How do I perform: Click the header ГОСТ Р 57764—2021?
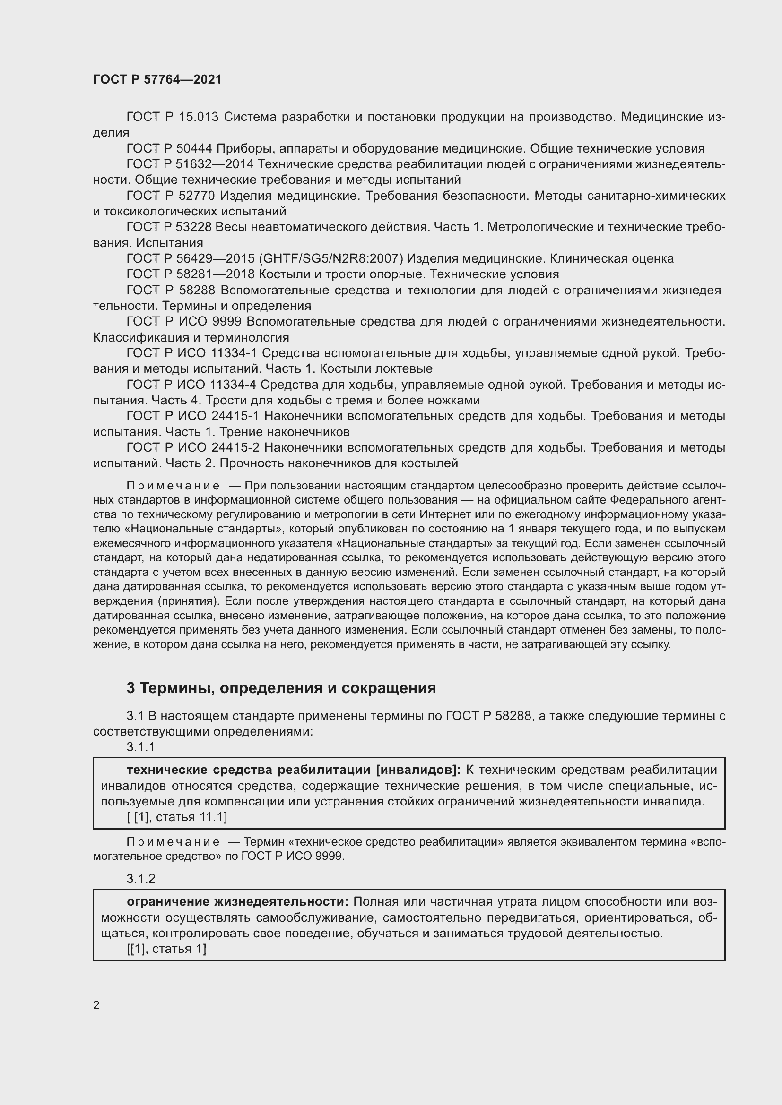pos(157,79)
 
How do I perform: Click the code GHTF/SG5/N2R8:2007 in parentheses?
pos(331,259)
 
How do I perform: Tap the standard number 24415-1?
pos(235,416)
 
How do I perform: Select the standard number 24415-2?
pos(235,447)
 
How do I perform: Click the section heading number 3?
pos(130,688)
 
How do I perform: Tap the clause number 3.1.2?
pos(140,879)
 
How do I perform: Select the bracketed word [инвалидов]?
pos(418,770)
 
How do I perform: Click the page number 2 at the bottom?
pos(96,1005)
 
